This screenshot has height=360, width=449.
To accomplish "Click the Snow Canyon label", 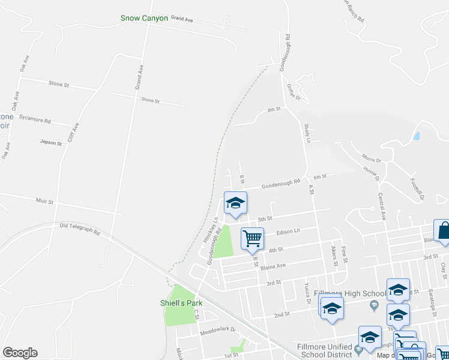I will [144, 19].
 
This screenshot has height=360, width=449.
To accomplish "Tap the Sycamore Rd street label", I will [35, 119].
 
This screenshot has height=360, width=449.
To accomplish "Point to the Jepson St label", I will [50, 143].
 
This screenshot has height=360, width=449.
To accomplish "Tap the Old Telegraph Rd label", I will [80, 229].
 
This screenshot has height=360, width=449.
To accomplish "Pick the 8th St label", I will [274, 110].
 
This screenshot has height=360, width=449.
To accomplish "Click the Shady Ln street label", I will [307, 134].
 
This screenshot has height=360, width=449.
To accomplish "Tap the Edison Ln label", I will [288, 232].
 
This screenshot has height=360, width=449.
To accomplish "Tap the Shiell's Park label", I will [181, 303].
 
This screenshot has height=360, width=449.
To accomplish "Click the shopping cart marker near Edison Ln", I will [252, 238].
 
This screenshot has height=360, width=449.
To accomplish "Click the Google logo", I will [20, 353].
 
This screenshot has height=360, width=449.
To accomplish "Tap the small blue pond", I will [417, 136].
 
